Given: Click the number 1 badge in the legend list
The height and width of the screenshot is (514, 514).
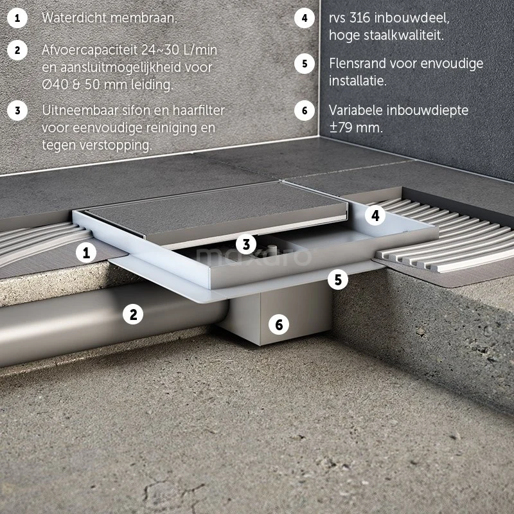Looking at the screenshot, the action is [x=17, y=18].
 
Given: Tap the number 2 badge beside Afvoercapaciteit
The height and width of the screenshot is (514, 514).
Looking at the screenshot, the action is [x=17, y=50].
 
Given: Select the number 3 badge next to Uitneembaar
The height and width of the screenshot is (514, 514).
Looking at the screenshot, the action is [x=17, y=111].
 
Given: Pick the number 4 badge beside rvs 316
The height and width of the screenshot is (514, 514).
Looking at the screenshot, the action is [x=304, y=18].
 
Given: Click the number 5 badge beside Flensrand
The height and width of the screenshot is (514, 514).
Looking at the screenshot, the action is [x=304, y=64].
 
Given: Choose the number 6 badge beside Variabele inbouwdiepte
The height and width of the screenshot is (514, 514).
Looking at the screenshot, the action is [x=304, y=111].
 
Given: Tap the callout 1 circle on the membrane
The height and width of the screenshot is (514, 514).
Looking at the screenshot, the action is [x=86, y=253].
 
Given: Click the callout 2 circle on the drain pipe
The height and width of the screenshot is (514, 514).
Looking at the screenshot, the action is [x=133, y=314].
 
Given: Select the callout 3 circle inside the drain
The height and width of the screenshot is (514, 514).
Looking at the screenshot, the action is [x=246, y=244].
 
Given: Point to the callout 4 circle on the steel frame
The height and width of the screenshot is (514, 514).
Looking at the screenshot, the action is [x=375, y=215].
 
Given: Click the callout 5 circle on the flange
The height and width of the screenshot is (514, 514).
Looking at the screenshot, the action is [x=338, y=279].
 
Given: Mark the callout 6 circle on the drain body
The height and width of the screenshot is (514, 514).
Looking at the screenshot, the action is [x=279, y=324].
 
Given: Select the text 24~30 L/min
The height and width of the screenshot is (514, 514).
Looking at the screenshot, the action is [x=180, y=50].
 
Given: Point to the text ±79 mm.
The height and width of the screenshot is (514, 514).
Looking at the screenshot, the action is [x=356, y=127].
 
